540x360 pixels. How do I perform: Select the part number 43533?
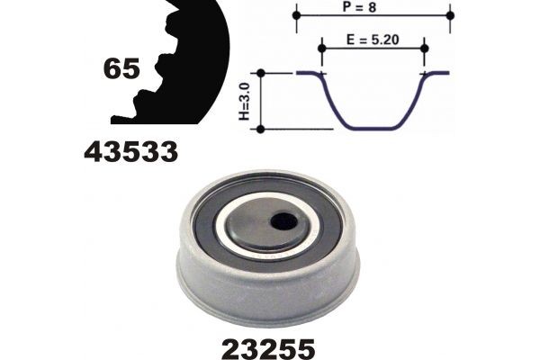click(x=130, y=153)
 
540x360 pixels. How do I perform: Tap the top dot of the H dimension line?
click(x=260, y=74)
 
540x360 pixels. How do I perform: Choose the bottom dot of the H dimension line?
click(x=260, y=129)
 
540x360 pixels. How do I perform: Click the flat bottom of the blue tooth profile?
click(x=373, y=128)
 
